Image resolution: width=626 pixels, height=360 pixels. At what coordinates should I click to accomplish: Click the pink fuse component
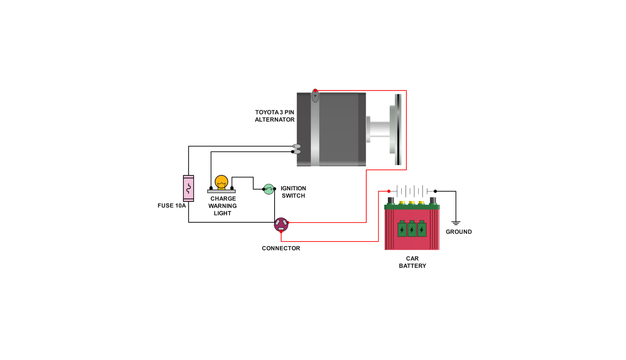(x=188, y=188)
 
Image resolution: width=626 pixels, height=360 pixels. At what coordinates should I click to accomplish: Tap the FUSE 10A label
(x=171, y=206)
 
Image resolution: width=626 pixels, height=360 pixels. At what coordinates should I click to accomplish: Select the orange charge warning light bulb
(x=221, y=182)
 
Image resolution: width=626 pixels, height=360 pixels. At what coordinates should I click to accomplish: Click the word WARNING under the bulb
(x=223, y=206)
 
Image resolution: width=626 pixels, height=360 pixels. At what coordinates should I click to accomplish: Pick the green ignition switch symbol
(x=269, y=189)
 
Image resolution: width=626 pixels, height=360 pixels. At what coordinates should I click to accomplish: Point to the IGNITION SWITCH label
(x=293, y=192)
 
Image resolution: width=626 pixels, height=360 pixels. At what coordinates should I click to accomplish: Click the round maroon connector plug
(x=281, y=225)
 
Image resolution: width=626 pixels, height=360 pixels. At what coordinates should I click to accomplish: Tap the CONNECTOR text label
(x=281, y=248)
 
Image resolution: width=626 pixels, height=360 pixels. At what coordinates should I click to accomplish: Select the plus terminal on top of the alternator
(x=315, y=96)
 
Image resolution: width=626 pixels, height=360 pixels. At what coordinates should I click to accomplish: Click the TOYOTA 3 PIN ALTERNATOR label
(x=275, y=116)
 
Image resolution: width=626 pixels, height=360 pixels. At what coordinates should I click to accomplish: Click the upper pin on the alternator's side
(x=296, y=146)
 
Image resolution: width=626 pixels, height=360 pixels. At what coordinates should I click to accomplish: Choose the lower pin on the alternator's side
(x=296, y=152)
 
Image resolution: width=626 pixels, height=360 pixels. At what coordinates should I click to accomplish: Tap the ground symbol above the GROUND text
(x=456, y=223)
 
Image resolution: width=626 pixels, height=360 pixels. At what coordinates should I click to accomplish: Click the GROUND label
(x=458, y=232)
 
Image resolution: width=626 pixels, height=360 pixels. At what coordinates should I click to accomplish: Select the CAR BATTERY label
(x=412, y=262)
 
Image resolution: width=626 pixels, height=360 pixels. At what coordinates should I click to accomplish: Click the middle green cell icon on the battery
(x=412, y=229)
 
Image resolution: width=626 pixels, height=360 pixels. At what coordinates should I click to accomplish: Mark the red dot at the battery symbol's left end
(x=389, y=191)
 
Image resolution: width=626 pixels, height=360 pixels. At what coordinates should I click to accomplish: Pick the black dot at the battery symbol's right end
(x=435, y=191)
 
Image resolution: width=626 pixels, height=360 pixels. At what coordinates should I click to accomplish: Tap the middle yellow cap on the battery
(x=412, y=203)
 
